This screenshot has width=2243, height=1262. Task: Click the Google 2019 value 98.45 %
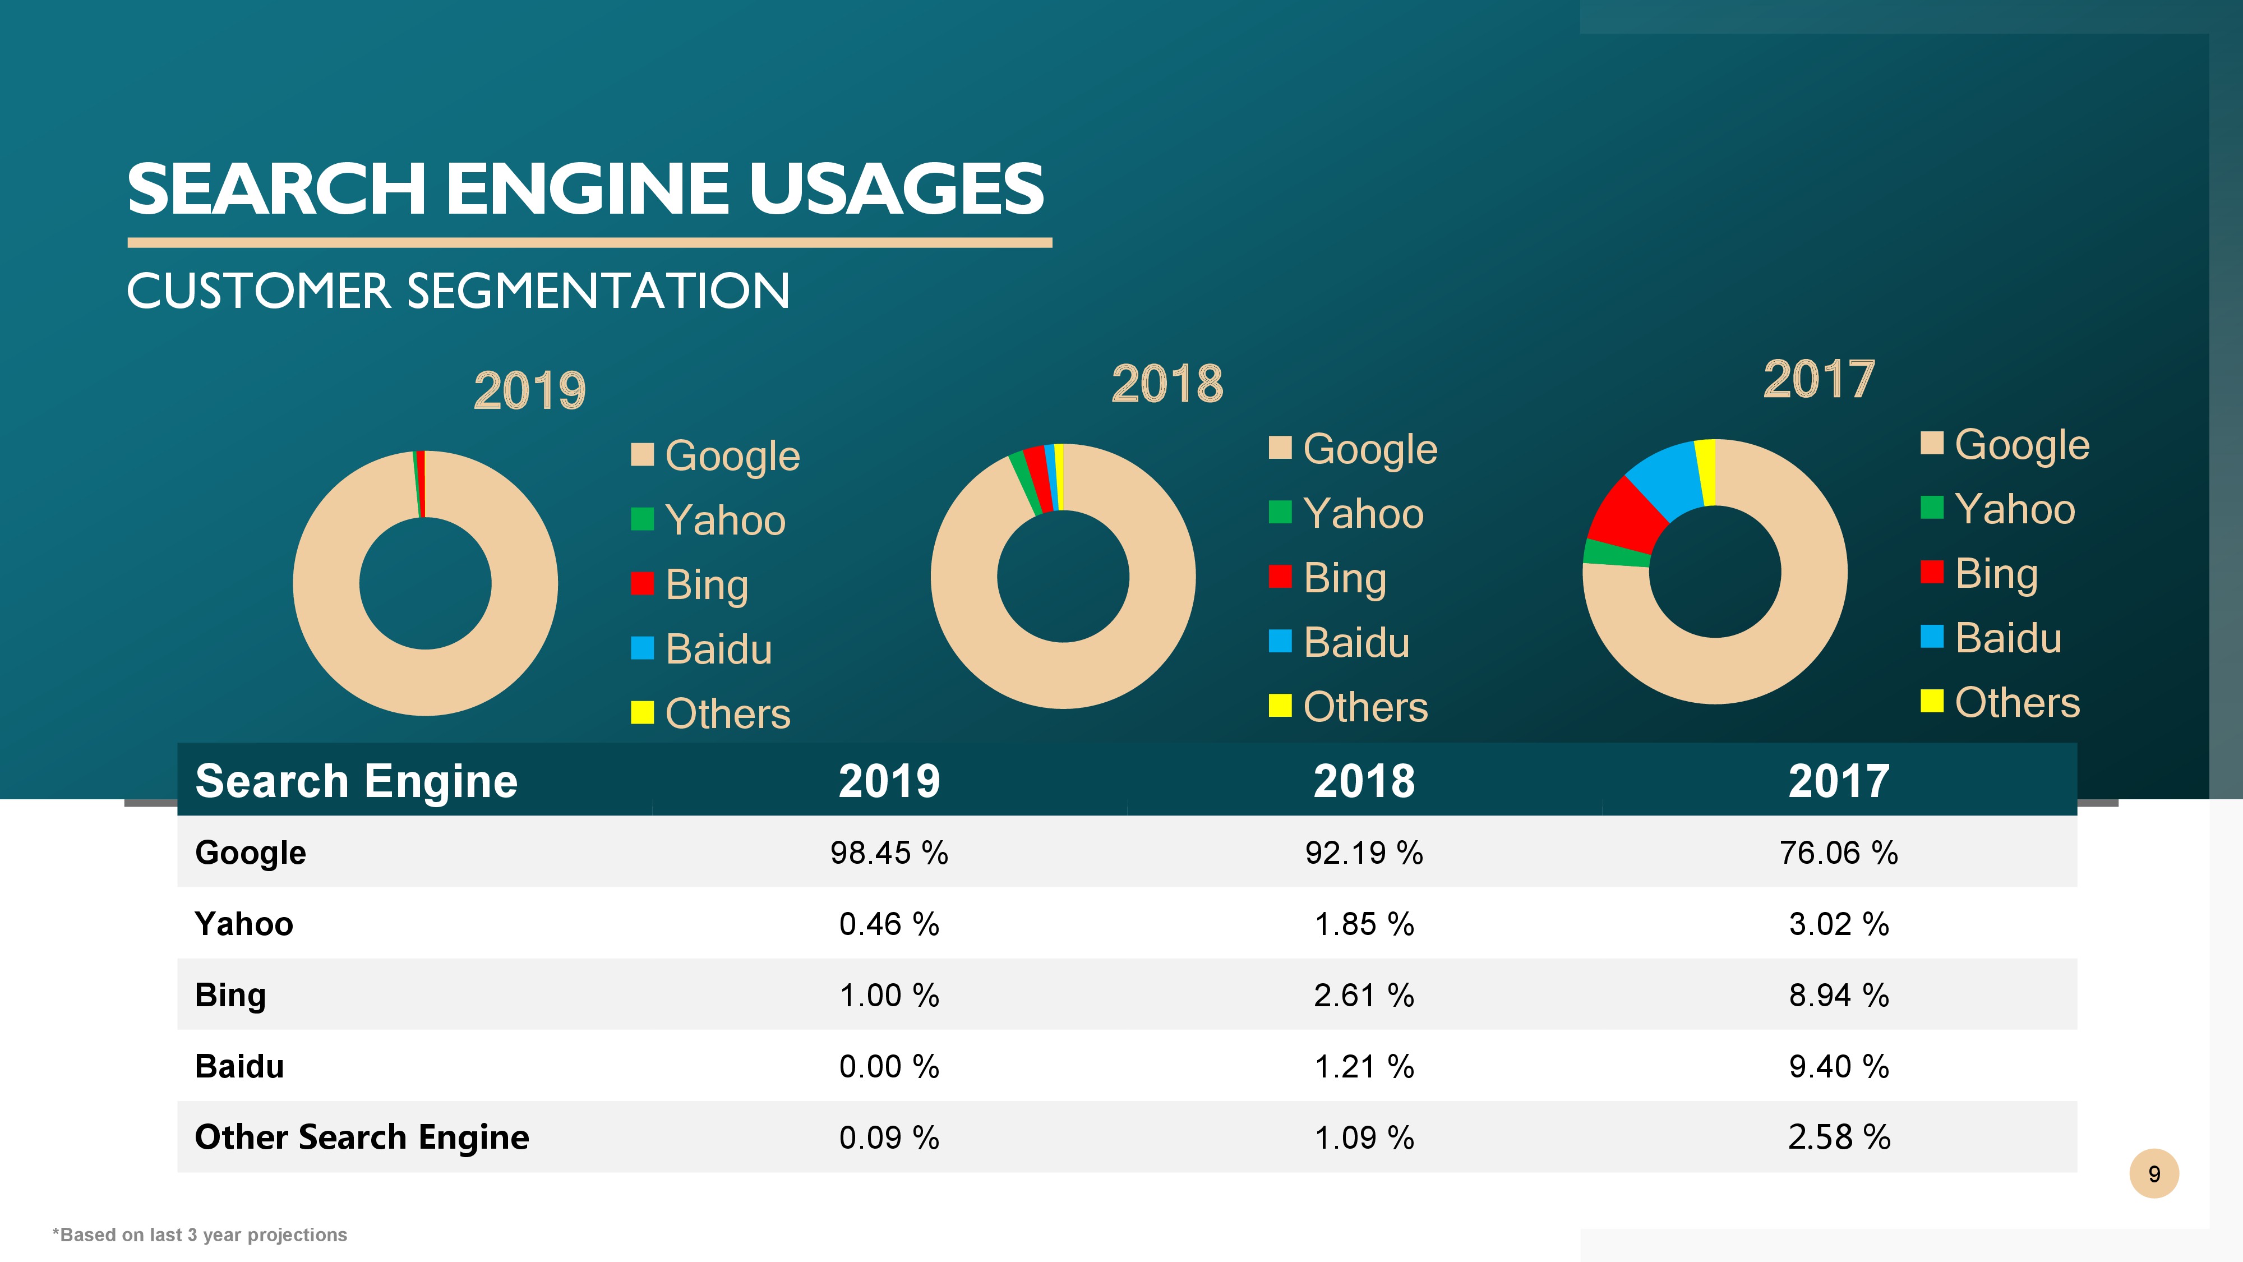[888, 853]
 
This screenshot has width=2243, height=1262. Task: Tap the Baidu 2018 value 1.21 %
[1364, 1066]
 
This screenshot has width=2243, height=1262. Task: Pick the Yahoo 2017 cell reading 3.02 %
[1838, 924]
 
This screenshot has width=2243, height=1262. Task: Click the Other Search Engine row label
[361, 1137]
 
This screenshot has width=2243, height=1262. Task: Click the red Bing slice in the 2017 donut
[1627, 515]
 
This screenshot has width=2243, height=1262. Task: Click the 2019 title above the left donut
[529, 390]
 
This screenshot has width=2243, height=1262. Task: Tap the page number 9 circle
[2153, 1174]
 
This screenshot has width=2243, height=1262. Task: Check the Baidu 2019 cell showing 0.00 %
[888, 1066]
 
